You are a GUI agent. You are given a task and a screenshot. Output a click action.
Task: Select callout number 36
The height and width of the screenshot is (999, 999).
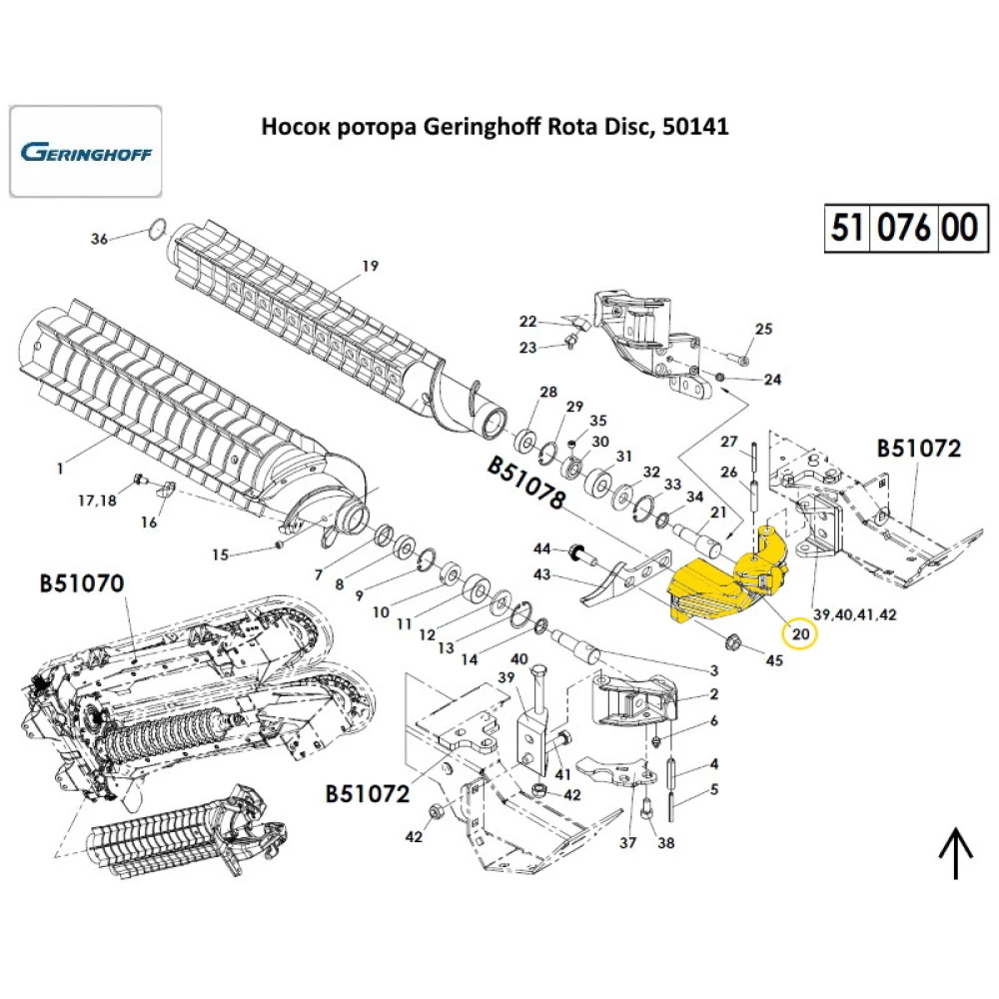(x=99, y=239)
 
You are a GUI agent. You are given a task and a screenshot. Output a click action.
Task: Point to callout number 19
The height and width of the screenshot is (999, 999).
(x=370, y=266)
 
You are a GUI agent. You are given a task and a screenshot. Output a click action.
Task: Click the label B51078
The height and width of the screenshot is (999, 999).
(x=526, y=484)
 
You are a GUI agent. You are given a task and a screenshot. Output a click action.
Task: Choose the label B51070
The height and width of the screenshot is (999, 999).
(x=82, y=582)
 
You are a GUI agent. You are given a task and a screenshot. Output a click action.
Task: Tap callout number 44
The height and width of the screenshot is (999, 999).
(x=542, y=548)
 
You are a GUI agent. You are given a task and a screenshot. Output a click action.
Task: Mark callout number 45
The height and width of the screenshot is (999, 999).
(x=774, y=658)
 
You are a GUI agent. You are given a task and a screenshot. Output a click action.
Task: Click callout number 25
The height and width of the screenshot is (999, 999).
(x=764, y=329)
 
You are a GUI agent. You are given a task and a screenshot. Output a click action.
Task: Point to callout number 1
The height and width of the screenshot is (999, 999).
(x=60, y=467)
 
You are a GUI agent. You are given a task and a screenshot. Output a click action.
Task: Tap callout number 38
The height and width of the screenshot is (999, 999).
(x=665, y=843)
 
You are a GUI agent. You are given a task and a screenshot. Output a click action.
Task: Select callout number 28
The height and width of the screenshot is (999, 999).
(x=547, y=391)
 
